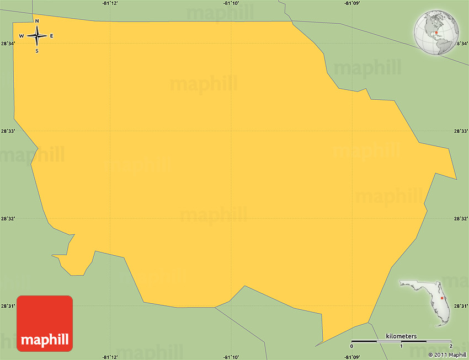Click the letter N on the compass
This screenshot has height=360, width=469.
pyautogui.click(x=37, y=22)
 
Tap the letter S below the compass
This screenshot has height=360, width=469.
pyautogui.click(x=37, y=51)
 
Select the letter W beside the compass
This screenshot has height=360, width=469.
pyautogui.click(x=22, y=36)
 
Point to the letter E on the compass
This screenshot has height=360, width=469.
pyautogui.click(x=52, y=36)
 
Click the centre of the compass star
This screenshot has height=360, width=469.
pyautogui.click(x=37, y=36)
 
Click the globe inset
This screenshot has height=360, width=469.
pyautogui.click(x=436, y=33)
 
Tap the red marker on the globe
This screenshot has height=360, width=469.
pyautogui.click(x=436, y=33)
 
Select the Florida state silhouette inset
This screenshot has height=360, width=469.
pyautogui.click(x=424, y=301)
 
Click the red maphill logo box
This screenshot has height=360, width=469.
pyautogui.click(x=45, y=324)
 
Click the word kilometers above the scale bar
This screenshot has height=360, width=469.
pyautogui.click(x=401, y=336)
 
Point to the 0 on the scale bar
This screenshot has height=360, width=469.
pyautogui.click(x=351, y=346)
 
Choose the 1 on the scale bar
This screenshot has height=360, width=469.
pyautogui.click(x=401, y=346)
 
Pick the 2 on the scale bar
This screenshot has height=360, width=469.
pyautogui.click(x=451, y=346)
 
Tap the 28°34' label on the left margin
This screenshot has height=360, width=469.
pyautogui.click(x=8, y=44)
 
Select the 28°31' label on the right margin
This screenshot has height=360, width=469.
pyautogui.click(x=461, y=306)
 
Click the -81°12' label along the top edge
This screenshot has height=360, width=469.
pyautogui.click(x=110, y=3)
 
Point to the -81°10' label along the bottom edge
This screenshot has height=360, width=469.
pyautogui.click(x=231, y=357)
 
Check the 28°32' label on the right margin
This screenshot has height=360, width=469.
pyautogui.click(x=461, y=219)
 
